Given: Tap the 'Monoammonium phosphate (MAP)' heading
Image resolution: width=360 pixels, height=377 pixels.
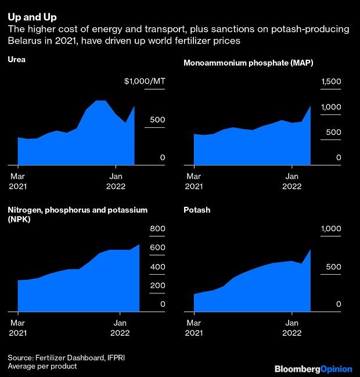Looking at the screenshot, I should point(248,63).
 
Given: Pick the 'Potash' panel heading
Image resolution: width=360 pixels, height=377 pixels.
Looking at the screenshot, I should point(197,209).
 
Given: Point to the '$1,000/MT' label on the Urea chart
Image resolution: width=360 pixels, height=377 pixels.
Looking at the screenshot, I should point(145,81).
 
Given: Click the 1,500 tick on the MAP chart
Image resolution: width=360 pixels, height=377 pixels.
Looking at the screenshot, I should point(332,81).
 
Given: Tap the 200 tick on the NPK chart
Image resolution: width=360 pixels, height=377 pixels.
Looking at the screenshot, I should point(158,285).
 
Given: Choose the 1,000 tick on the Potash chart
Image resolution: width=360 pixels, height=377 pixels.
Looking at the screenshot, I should point(332,229).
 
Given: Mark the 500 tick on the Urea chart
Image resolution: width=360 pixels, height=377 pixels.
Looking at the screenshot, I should point(159,120).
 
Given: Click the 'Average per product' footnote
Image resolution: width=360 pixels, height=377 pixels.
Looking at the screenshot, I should point(42,367).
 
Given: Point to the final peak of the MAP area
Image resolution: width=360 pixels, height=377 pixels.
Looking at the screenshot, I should point(311,106).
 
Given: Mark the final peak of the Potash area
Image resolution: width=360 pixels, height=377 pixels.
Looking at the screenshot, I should point(311,250).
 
